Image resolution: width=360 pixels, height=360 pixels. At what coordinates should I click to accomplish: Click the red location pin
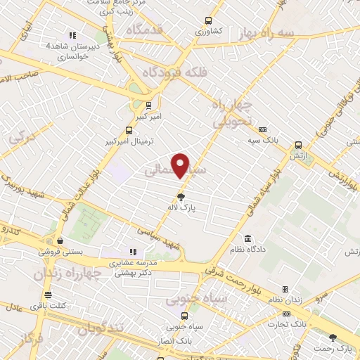coord(181,165)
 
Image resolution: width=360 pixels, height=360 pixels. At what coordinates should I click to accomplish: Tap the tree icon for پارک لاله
coord(182,197)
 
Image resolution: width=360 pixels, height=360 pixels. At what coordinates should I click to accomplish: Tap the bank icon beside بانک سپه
coord(263,129)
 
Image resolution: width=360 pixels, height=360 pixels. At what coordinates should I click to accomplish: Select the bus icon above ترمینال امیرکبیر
coord(129,129)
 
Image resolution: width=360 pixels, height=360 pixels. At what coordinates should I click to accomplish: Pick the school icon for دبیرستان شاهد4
coord(71,35)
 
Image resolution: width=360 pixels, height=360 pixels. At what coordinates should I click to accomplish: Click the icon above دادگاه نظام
coord(247,238)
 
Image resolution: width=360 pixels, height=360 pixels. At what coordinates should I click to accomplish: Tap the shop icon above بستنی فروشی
coord(60,239)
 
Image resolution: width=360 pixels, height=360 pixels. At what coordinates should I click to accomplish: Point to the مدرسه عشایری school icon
coord(132,252)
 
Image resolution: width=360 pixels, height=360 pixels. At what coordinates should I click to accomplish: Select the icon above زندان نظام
coord(285,290)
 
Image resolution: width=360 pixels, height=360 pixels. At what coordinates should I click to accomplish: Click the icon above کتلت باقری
coord(48,295)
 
